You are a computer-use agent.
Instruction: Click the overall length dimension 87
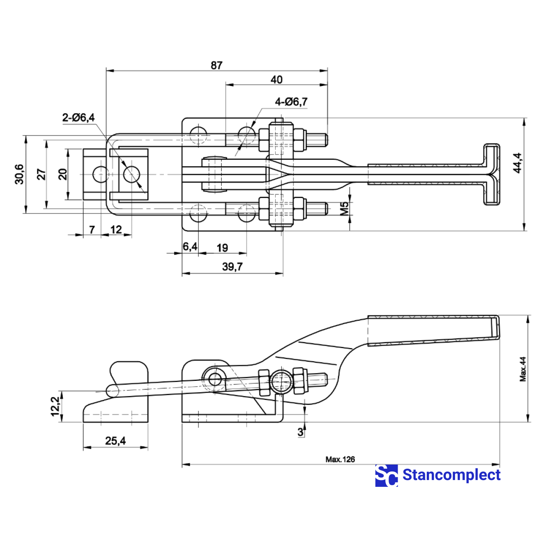point(217,65)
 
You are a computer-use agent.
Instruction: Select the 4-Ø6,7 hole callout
point(291,101)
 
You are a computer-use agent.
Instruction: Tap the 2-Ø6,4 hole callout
point(78,117)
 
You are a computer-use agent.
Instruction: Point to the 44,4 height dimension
point(518,162)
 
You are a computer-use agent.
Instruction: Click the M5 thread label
point(344,208)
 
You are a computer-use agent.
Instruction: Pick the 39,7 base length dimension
point(233,267)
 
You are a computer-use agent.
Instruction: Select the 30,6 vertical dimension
point(20,174)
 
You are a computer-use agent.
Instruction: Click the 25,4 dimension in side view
point(115,440)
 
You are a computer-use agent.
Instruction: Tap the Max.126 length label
point(340,459)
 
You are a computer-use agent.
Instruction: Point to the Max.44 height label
point(523,369)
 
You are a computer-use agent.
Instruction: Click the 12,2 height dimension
point(55,405)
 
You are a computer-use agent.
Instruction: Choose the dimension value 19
point(222,248)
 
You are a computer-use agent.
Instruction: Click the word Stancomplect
point(451,475)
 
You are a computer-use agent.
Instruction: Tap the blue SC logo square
point(386,475)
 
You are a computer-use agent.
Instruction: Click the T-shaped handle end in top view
point(491,174)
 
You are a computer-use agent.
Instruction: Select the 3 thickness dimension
point(300,432)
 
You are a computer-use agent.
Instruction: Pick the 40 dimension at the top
point(276,80)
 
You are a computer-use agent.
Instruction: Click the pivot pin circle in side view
point(214,379)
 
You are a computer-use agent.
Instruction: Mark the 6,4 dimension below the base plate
point(190,247)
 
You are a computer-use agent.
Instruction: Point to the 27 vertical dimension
point(41,174)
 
